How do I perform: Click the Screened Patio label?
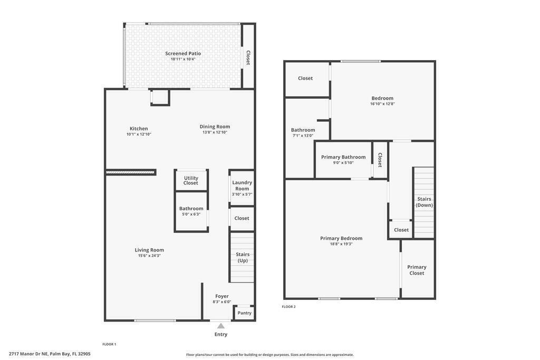point(183,53)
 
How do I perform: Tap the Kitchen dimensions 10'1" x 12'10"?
point(139,134)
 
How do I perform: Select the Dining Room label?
point(215,127)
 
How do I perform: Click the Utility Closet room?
point(191,180)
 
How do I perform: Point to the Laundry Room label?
point(242,186)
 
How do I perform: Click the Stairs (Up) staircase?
point(242,257)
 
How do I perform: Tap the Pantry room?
point(244,313)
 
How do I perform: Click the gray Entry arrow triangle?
point(221,326)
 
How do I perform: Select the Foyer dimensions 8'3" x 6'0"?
point(222,302)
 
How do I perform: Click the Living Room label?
point(149,250)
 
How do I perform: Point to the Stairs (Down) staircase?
point(424,202)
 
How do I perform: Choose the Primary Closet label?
point(417,270)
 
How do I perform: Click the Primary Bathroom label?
point(343,157)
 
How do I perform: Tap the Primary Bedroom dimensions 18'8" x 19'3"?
point(341,244)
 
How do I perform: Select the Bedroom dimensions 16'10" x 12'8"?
point(382,104)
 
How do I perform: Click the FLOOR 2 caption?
point(288,307)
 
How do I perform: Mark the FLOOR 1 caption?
point(109,344)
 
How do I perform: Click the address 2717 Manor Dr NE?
point(28,354)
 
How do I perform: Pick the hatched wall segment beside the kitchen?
point(131,172)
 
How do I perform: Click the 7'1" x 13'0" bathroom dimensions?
point(303,135)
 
